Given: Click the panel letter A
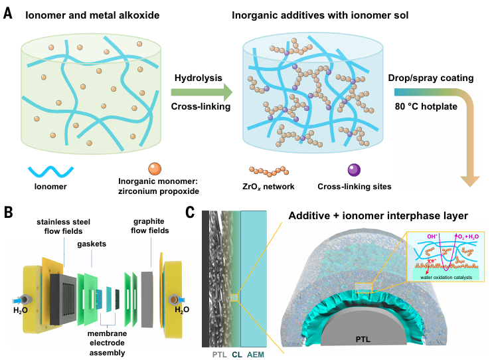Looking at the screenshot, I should (9, 11).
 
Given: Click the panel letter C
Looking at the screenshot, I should (191, 213).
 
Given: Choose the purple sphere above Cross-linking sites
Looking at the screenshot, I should (350, 169).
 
